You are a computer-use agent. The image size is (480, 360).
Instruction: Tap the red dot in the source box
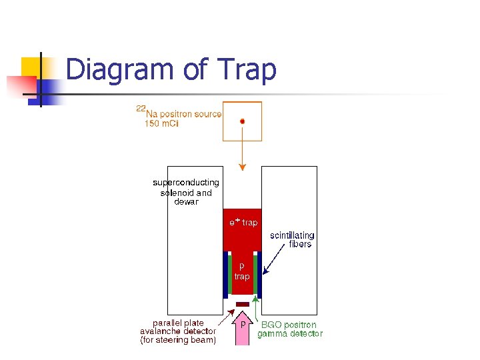point(243,121)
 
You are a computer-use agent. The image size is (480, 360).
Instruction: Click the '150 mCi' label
point(162,124)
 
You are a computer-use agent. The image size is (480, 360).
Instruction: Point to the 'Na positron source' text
point(183,114)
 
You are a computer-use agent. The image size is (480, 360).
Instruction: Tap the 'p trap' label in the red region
point(242,271)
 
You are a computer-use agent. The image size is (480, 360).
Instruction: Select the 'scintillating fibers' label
point(292,239)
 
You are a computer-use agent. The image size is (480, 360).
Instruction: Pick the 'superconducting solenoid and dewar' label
point(186,192)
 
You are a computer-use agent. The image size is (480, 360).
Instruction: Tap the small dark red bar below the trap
point(243,304)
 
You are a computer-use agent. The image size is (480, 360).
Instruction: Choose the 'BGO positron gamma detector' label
point(290,329)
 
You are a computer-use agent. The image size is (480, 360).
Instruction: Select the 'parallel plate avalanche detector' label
point(178,331)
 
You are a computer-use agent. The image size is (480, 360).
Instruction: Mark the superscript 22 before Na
point(141,107)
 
